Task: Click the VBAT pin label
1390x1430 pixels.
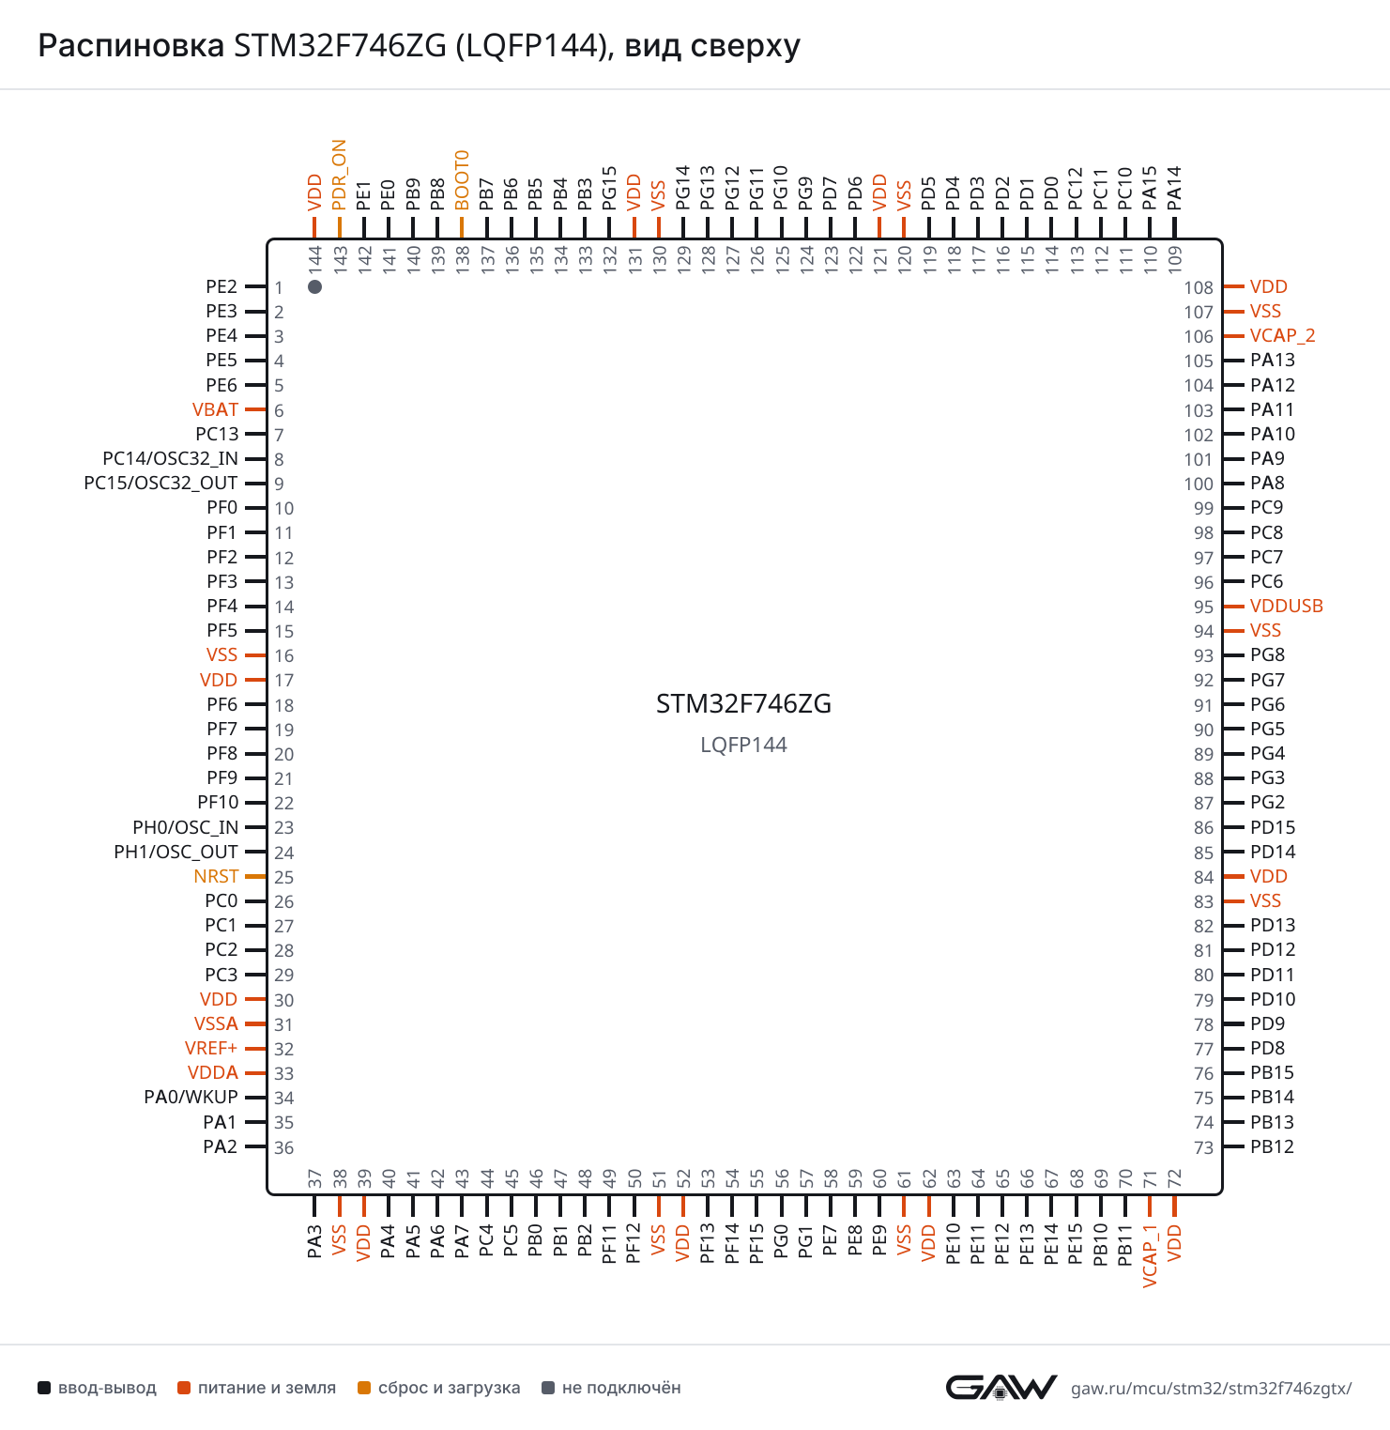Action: pyautogui.click(x=215, y=409)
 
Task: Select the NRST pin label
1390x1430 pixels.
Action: pyautogui.click(x=216, y=876)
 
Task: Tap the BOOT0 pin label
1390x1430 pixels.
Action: pyautogui.click(x=462, y=180)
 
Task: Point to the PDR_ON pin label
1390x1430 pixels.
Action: pyautogui.click(x=339, y=176)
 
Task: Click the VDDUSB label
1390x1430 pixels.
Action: pyautogui.click(x=1286, y=606)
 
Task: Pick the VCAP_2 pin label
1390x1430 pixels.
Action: pyautogui.click(x=1282, y=335)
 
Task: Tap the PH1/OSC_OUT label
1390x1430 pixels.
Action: pyautogui.click(x=176, y=852)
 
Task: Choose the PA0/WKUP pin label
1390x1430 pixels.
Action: pyautogui.click(x=191, y=1097)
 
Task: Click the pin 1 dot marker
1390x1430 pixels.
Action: pyautogui.click(x=315, y=286)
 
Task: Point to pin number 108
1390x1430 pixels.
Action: pyautogui.click(x=1199, y=287)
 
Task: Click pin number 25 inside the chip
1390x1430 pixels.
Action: pyautogui.click(x=283, y=877)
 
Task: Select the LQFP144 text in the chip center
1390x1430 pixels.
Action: pyautogui.click(x=743, y=745)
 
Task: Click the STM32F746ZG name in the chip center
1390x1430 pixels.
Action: pyautogui.click(x=743, y=704)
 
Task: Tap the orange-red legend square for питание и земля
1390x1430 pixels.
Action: pyautogui.click(x=184, y=1388)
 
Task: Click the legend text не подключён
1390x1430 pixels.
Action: pyautogui.click(x=621, y=1388)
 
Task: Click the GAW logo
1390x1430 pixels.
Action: pyautogui.click(x=1001, y=1387)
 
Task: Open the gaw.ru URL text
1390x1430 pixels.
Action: pyautogui.click(x=1212, y=1388)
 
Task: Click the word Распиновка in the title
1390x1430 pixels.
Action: pyautogui.click(x=131, y=45)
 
